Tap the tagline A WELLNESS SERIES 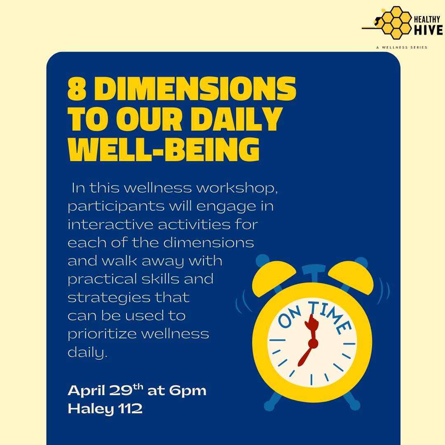[401, 47]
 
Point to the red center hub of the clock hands [313, 343]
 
